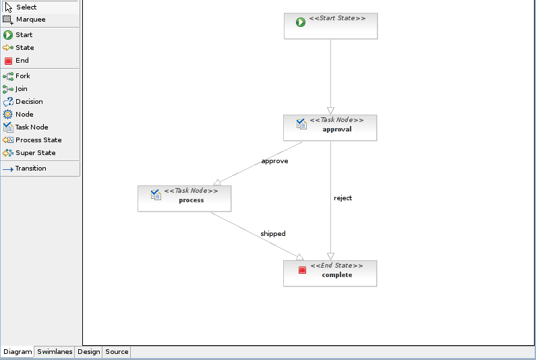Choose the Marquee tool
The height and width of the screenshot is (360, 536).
(x=30, y=20)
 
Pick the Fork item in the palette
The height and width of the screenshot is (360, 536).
(x=22, y=76)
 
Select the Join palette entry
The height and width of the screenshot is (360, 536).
(x=21, y=89)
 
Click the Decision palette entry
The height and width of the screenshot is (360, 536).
(x=28, y=102)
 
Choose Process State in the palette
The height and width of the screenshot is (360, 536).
(x=38, y=140)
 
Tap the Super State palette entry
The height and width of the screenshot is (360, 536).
(x=35, y=153)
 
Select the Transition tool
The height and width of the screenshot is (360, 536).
(x=30, y=169)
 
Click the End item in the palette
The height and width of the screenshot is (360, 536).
(x=22, y=61)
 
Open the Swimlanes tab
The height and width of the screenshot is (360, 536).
(x=55, y=352)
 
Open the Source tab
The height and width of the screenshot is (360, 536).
(x=117, y=352)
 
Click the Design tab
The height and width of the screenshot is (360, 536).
(x=88, y=352)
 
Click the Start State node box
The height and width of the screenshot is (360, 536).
(x=330, y=26)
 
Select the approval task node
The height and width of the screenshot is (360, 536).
(x=330, y=127)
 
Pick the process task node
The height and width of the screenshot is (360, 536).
(x=184, y=198)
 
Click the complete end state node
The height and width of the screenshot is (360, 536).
(x=330, y=273)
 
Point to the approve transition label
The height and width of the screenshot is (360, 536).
(x=274, y=161)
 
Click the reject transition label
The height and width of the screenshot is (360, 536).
(x=343, y=198)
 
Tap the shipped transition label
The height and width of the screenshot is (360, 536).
(x=273, y=234)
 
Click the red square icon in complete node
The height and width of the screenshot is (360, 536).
(x=302, y=270)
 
